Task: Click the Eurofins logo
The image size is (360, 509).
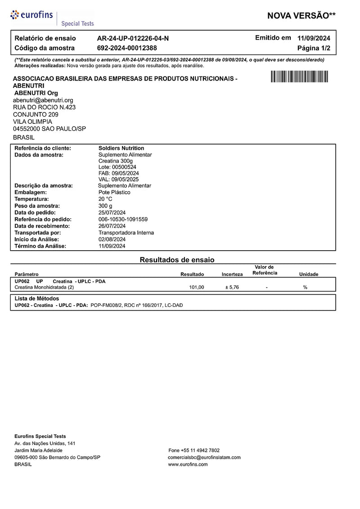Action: click(33, 15)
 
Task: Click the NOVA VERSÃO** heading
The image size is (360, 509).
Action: click(301, 16)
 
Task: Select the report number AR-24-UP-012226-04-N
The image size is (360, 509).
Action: click(133, 38)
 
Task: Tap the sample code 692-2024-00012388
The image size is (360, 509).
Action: click(127, 48)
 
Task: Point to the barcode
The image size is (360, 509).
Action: click(299, 77)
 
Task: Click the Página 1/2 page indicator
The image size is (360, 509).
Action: click(314, 48)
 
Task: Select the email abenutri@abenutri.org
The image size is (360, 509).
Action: click(43, 100)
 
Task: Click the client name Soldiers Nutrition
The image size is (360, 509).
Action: click(121, 148)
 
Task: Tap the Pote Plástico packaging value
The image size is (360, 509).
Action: click(114, 192)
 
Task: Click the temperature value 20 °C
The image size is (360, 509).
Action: click(105, 199)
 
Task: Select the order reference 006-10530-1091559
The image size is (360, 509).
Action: click(123, 219)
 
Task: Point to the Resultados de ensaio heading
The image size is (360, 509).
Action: click(177, 260)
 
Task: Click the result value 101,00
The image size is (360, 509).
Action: click(197, 287)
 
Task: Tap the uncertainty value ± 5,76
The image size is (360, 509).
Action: click(232, 287)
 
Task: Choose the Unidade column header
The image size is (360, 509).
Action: click(309, 274)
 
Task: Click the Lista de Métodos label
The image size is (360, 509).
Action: click(37, 298)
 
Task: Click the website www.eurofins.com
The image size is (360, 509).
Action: click(188, 464)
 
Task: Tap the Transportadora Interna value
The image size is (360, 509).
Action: click(126, 233)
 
